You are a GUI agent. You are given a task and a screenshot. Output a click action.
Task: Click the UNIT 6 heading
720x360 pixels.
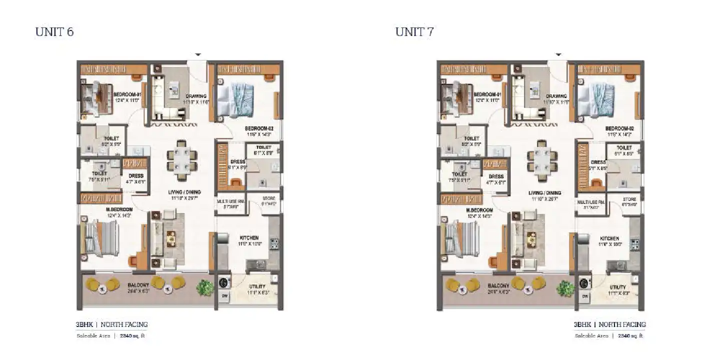click(x=54, y=32)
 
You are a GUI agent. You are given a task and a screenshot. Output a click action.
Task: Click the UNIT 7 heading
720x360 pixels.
click(x=414, y=32)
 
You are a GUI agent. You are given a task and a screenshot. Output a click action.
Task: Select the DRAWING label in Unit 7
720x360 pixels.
click(x=556, y=96)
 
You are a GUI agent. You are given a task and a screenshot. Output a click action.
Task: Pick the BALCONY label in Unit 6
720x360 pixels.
click(x=136, y=286)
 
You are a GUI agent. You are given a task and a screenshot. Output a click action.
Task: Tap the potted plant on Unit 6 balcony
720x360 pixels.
click(x=204, y=287)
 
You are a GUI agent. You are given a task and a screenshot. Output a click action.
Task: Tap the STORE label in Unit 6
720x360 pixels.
click(x=268, y=199)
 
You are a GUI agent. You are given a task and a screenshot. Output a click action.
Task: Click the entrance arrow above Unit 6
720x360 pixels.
click(x=198, y=54)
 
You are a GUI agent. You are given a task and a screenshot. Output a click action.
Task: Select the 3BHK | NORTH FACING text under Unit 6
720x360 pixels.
click(x=112, y=324)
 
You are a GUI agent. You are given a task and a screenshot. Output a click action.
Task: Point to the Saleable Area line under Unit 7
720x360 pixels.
click(x=609, y=336)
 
